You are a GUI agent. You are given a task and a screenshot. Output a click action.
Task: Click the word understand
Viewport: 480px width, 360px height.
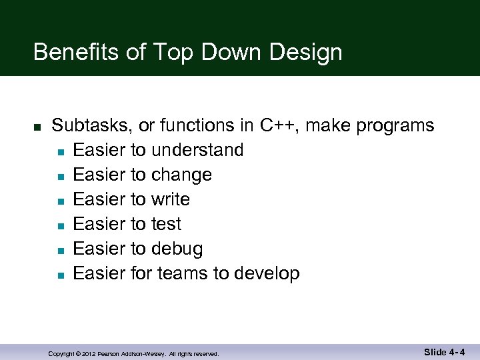coord(197,150)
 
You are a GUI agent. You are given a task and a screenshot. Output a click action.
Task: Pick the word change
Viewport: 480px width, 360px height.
coord(181,175)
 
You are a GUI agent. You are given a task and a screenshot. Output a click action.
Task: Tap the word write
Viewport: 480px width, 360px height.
coord(171,199)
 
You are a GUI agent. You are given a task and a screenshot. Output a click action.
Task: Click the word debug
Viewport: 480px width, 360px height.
coord(177,249)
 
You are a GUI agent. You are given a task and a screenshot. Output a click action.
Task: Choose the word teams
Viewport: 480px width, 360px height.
coord(182,273)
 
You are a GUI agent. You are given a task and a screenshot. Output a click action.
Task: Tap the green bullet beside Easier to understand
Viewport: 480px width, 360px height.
coord(60,151)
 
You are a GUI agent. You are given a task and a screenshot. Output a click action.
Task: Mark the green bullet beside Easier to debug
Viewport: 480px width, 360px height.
coord(60,250)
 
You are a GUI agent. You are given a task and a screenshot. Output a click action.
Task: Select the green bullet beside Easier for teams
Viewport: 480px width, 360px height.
coord(60,275)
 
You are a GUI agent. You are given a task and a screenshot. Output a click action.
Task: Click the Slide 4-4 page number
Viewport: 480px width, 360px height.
coord(444,352)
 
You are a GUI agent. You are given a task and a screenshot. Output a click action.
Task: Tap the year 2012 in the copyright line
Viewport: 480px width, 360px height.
coord(90,354)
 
